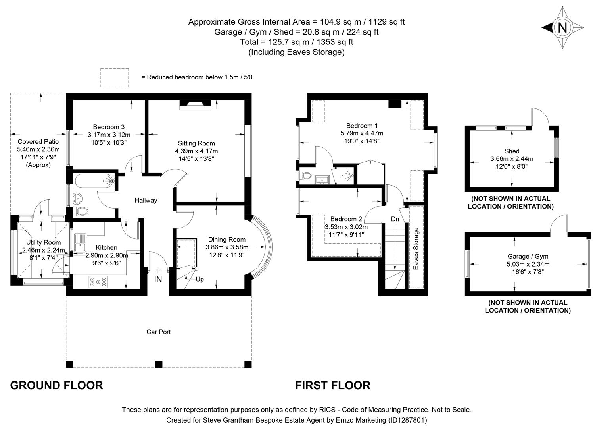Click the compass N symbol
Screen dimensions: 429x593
pos(562,27)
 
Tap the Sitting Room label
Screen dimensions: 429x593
pos(196,143)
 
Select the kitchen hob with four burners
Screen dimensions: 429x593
pos(98,282)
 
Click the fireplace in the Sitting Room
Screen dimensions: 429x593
pos(195,105)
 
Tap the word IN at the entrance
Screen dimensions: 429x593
pos(158,280)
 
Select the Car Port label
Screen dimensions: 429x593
pos(159,332)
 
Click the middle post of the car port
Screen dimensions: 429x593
pos(159,364)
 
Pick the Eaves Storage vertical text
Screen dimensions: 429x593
pos(416,249)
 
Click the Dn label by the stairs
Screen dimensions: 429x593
pos(395,219)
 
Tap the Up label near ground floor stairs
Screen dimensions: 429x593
pos(200,279)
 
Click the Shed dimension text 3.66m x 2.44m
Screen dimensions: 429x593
pos(512,159)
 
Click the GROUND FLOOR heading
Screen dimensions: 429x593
pos(56,385)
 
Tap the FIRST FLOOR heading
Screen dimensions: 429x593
pos(333,385)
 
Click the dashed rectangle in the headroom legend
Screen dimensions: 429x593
pos(115,77)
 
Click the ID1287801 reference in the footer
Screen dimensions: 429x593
pos(407,420)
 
